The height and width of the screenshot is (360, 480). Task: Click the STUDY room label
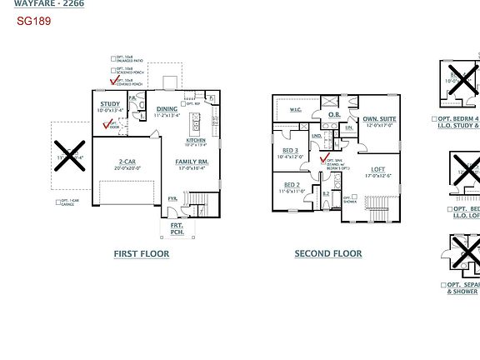110,104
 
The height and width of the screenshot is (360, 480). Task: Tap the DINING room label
167,109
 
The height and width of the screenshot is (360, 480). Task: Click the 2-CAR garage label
127,161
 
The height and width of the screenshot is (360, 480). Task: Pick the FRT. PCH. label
177,228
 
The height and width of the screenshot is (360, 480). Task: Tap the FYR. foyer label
172,198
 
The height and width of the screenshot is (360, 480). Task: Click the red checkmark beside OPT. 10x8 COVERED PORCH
114,81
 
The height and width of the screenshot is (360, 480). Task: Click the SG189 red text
34,21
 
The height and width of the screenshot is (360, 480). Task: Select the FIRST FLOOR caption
142,253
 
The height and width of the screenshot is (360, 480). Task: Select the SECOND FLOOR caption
328,253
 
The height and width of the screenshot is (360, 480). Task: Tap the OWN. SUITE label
379,119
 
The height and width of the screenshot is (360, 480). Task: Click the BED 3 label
291,150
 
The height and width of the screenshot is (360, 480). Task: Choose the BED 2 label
292,185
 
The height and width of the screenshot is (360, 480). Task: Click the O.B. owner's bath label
333,114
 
